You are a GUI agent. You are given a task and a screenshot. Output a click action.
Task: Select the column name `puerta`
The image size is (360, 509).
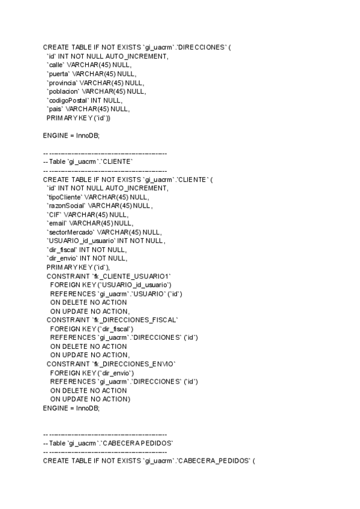pyautogui.click(x=60, y=74)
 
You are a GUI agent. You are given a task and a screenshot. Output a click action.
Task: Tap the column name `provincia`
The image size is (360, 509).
pyautogui.click(x=62, y=83)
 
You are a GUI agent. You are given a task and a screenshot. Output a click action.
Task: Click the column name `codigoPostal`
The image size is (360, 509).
pyautogui.click(x=67, y=100)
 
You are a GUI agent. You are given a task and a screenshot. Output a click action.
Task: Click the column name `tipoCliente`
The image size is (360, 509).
pyautogui.click(x=65, y=197)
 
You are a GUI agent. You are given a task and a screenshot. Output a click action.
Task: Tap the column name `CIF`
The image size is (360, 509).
pyautogui.click(x=54, y=214)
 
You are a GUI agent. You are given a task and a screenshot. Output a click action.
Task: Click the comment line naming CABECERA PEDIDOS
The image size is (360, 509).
pyautogui.click(x=108, y=443)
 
